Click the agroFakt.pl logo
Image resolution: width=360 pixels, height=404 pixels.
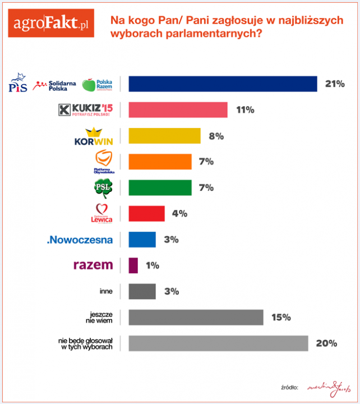click(52, 24)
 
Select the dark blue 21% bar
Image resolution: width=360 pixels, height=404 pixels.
click(223, 84)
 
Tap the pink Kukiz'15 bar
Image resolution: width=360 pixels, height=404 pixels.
click(178, 110)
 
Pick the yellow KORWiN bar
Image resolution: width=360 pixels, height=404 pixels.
click(164, 136)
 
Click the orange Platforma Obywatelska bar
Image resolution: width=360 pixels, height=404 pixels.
click(160, 162)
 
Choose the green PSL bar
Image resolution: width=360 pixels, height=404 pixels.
click(160, 187)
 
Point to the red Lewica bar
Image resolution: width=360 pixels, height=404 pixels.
click(146, 213)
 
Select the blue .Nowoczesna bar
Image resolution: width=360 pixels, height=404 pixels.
click(142, 240)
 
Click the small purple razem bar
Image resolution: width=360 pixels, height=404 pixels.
click(133, 265)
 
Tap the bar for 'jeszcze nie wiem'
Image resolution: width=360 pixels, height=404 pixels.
click(196, 317)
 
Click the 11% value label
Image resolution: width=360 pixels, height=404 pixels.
click(245, 110)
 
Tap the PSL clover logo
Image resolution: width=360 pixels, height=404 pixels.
click(103, 188)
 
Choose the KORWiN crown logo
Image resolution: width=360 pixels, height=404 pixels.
click(94, 136)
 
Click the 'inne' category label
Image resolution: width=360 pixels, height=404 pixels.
click(105, 291)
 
